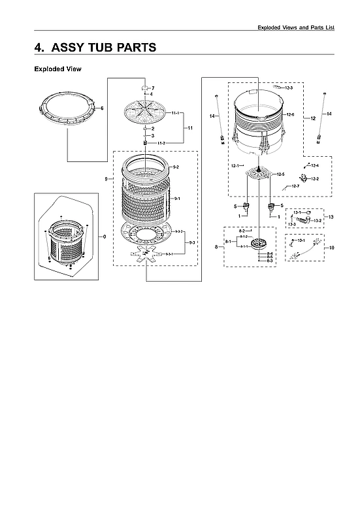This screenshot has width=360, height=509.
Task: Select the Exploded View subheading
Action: [x=57, y=69]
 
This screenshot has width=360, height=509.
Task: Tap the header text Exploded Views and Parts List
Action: [x=296, y=27]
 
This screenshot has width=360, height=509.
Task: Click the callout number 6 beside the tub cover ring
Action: [x=102, y=108]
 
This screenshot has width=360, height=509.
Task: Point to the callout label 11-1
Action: [x=176, y=114]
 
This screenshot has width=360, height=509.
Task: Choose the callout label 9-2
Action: [x=175, y=168]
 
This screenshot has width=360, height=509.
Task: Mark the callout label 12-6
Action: [x=290, y=115]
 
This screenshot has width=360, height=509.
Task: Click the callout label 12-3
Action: [x=289, y=88]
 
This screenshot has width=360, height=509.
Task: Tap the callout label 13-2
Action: [x=318, y=220]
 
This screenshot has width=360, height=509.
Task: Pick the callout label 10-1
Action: [x=302, y=241]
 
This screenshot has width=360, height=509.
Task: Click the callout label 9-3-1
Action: [x=169, y=254]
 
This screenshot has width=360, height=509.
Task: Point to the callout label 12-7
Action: [x=295, y=187]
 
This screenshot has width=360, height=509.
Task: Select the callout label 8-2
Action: [x=242, y=231]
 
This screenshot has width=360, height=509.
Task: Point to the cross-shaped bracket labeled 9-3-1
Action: [x=144, y=256]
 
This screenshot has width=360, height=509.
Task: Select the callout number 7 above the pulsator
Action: [x=152, y=88]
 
